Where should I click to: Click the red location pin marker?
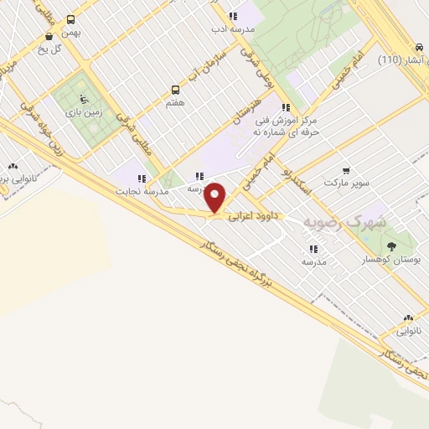[215, 198]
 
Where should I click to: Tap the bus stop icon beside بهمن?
[70, 19]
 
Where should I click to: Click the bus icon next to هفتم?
[175, 89]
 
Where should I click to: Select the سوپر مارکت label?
[346, 182]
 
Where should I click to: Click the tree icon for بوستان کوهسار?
[392, 245]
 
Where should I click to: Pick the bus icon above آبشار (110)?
[419, 47]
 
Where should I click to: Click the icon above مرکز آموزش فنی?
[285, 107]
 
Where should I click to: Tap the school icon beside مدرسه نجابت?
[142, 178]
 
